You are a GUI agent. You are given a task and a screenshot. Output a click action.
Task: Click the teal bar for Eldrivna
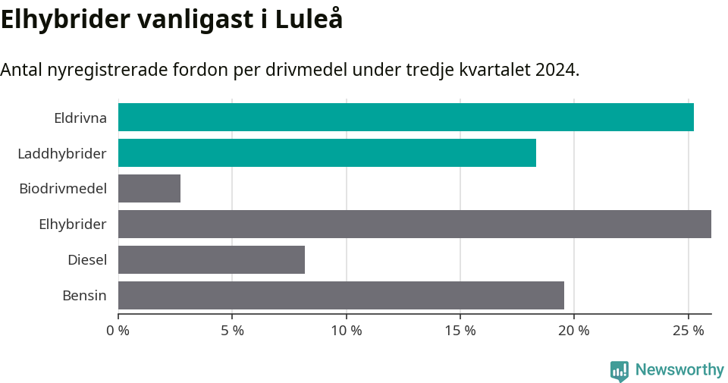pos(406,118)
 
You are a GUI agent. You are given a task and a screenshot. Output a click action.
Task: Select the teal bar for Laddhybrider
pos(327,153)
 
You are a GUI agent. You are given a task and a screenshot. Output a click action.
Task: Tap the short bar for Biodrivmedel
pos(149,189)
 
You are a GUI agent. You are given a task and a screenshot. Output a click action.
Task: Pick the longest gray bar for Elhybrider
pos(414,224)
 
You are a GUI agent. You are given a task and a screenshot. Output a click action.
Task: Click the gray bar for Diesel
pos(212,260)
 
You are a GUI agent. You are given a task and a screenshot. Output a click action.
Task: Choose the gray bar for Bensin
pos(341,296)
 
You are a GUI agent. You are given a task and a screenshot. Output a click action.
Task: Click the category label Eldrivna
pos(80,118)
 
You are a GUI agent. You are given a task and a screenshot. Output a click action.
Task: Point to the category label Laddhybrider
pos(61,153)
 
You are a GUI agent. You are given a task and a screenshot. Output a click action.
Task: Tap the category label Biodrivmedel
pos(63,189)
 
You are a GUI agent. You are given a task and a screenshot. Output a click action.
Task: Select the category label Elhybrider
pos(72,224)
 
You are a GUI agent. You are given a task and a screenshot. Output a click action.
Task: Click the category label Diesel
pos(86,260)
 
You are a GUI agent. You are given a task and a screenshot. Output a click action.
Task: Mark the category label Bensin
pos(84,296)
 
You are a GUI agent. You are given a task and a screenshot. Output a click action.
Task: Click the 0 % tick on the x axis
pos(118,331)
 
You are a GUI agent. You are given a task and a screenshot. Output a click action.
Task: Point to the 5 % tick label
pos(232,331)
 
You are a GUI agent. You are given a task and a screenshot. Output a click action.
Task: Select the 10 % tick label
pos(346,331)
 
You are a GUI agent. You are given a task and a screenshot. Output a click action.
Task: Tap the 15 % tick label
pos(460,331)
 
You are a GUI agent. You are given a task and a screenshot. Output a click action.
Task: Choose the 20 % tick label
pos(573,331)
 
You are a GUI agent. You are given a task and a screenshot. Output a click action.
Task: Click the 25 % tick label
pos(687,331)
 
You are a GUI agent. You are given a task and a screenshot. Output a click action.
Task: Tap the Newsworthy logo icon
pos(620,371)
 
